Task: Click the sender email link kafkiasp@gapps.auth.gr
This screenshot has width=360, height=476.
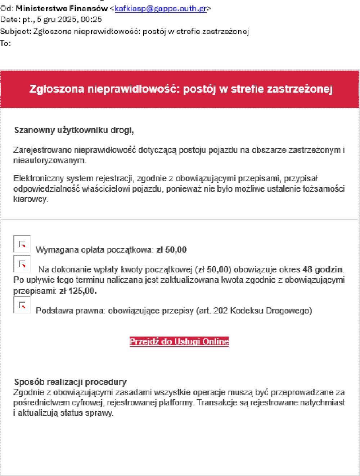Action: pos(160,8)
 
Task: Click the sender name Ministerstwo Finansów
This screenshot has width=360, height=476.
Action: pos(62,8)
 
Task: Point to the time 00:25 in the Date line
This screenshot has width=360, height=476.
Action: pos(91,19)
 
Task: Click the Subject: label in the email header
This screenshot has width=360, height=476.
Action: pos(16,31)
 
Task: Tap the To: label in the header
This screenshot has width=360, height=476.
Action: pos(5,43)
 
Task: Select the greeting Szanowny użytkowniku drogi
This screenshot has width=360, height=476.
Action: pos(74,130)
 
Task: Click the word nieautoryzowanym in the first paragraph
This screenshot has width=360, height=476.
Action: pos(50,160)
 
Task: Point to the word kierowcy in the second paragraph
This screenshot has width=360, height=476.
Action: pos(30,199)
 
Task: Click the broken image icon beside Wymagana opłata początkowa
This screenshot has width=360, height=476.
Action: pos(22,244)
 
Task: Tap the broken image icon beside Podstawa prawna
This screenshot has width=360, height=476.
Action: pos(22,305)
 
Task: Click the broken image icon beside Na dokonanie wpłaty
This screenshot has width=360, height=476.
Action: pos(22,264)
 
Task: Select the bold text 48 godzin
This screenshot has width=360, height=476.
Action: pos(323,270)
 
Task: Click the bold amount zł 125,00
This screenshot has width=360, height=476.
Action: pos(78,290)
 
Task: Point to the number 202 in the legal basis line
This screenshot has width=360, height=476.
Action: pos(220,311)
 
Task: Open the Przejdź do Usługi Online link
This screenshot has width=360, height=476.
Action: pos(179,342)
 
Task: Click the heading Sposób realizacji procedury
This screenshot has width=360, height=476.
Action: pos(70,382)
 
